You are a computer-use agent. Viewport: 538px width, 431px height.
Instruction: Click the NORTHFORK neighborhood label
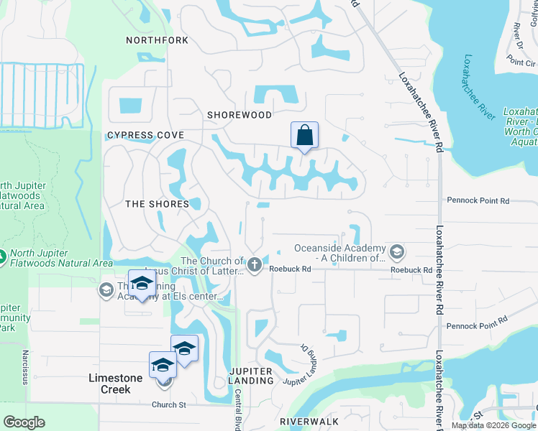coord(157,40)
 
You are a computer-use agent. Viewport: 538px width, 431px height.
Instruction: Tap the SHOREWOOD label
coord(240,115)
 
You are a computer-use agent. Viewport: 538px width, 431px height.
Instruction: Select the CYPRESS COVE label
coord(145,135)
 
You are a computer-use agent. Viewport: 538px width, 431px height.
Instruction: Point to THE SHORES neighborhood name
coord(157,204)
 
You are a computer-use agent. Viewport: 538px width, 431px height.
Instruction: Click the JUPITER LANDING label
coord(251,376)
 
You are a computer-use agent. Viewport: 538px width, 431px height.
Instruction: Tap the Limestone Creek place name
coord(109,384)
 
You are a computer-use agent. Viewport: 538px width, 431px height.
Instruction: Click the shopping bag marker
coord(304,135)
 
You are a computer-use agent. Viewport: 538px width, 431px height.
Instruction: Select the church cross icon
coord(254,266)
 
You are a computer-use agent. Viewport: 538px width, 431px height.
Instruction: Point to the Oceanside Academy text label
coord(340,253)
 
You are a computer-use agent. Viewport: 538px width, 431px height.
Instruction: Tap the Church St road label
coord(168,404)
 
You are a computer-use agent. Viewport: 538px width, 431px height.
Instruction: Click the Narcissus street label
coord(24,367)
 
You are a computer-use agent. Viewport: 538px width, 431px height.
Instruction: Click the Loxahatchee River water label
coord(479,87)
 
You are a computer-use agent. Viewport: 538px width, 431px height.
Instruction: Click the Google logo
coord(24,422)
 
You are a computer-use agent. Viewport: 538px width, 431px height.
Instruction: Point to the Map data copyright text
coord(493,425)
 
